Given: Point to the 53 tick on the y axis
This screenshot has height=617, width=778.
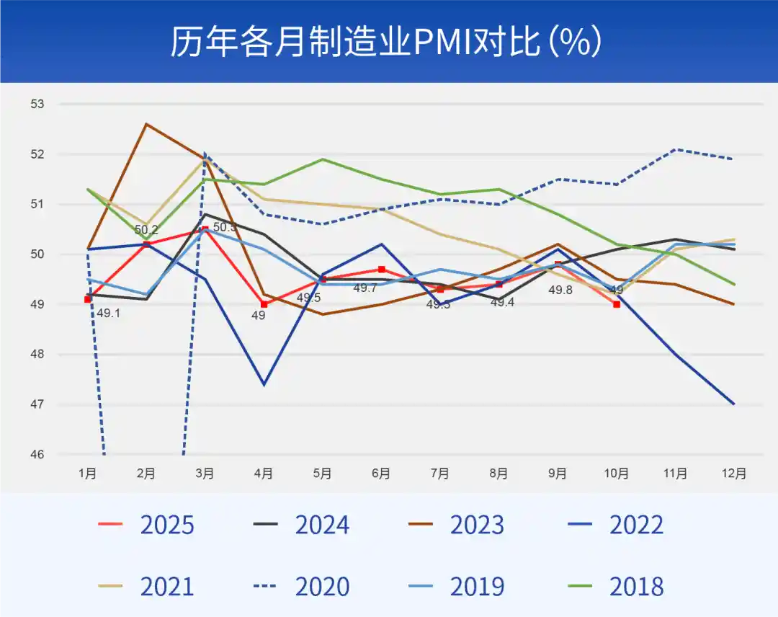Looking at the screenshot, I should click(x=37, y=105).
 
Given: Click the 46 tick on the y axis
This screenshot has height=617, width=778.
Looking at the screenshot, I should click(x=37, y=455).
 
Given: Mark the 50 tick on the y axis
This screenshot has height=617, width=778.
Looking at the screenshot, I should click(x=37, y=254).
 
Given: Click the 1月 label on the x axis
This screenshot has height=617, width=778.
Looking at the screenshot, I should click(x=88, y=474).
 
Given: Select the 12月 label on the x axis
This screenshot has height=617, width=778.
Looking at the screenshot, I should click(x=734, y=474).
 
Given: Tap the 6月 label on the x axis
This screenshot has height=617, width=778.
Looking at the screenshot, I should click(x=381, y=474).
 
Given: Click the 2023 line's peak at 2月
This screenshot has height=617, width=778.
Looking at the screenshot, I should click(x=146, y=124).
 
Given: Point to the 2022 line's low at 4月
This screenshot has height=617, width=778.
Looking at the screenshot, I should click(x=264, y=385).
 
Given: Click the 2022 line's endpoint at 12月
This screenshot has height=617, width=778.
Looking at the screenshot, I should click(x=734, y=404).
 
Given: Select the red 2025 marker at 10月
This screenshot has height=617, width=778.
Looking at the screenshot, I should click(x=617, y=304).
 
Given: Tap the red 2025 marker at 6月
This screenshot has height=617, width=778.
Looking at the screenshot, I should click(x=381, y=270).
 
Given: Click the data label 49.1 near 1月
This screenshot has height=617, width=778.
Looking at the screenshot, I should click(x=108, y=314).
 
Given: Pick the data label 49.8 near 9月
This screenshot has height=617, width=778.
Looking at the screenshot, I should click(x=560, y=290).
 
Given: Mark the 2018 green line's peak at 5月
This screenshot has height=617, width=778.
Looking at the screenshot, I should click(x=323, y=159).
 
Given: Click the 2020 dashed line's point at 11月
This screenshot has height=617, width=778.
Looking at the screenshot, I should click(x=675, y=149).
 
